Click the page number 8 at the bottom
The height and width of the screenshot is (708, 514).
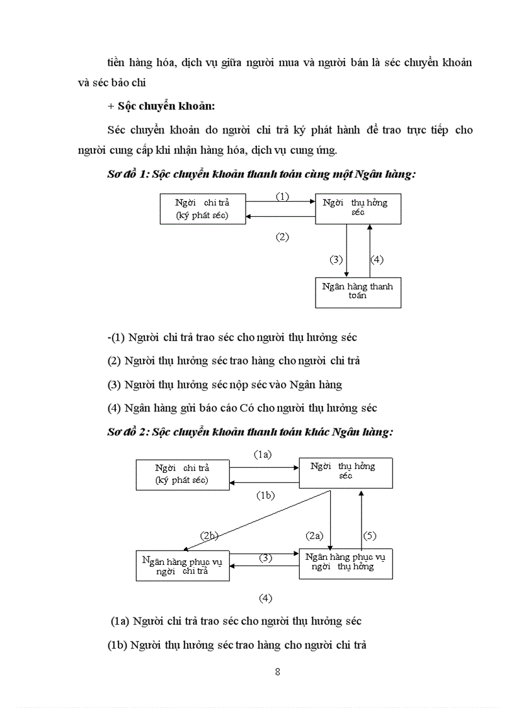pyautogui.click(x=278, y=671)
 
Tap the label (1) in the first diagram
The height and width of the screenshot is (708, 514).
pyautogui.click(x=282, y=196)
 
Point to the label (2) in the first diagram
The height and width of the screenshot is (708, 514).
pyautogui.click(x=282, y=237)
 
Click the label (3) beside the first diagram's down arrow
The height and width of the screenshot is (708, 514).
pyautogui.click(x=336, y=259)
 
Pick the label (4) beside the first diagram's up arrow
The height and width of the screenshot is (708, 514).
pyautogui.click(x=377, y=259)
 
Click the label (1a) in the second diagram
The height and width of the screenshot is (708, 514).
pyautogui.click(x=263, y=454)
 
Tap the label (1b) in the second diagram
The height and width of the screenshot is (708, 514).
pyautogui.click(x=265, y=496)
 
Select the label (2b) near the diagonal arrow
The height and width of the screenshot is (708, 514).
pyautogui.click(x=209, y=536)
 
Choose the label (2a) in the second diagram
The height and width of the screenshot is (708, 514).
pyautogui.click(x=314, y=536)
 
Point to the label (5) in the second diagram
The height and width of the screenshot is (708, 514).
pyautogui.click(x=370, y=536)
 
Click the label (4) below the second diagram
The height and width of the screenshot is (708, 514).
pyautogui.click(x=265, y=597)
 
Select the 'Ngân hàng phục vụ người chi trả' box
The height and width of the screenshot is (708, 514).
pyautogui.click(x=183, y=566)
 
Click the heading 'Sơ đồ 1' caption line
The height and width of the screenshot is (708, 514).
pyautogui.click(x=261, y=175)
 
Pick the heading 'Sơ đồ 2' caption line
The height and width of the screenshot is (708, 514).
pyautogui.click(x=250, y=432)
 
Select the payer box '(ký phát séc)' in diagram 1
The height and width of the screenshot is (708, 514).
pyautogui.click(x=202, y=209)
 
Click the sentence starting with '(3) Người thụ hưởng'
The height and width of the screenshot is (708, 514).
pyautogui.click(x=225, y=385)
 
